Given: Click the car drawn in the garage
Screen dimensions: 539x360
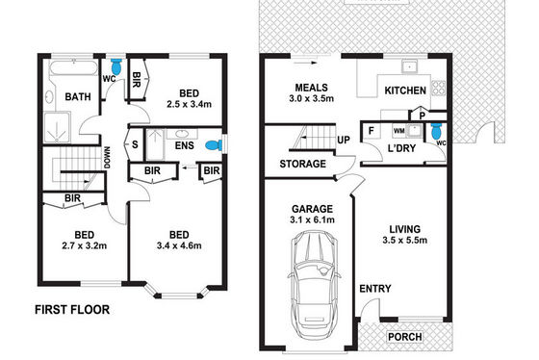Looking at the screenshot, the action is [314, 285].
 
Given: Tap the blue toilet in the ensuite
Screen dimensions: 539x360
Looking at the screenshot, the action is [214, 145].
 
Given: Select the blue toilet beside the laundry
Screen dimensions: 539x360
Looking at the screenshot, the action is [436, 130].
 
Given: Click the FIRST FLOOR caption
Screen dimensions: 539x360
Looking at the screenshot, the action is [72, 309].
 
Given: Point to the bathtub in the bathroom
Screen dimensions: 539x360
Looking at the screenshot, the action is [73, 67].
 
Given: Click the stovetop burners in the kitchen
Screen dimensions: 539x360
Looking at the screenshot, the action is [438, 88].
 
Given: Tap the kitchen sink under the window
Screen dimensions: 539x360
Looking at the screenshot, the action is [409, 66].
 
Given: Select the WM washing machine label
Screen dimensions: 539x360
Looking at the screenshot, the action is [398, 131].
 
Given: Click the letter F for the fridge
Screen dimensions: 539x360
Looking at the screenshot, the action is [371, 131].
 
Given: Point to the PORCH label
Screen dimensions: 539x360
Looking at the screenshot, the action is [405, 337].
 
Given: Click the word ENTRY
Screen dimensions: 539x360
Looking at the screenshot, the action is [375, 289].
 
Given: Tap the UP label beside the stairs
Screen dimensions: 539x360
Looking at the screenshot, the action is [344, 140].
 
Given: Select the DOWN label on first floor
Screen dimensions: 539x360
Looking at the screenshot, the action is [107, 158].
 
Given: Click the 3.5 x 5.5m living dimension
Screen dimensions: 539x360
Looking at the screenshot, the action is [405, 240].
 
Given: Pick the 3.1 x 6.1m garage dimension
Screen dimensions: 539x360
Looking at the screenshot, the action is [312, 219].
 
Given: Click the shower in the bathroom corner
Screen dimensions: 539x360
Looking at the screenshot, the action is [57, 127].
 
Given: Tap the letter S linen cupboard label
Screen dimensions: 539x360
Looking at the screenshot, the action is [135, 144].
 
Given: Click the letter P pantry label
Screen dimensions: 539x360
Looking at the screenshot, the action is [423, 116].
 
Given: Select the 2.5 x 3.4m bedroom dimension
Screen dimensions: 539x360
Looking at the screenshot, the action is [189, 104].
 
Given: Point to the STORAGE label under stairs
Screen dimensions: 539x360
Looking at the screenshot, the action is [303, 164].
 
